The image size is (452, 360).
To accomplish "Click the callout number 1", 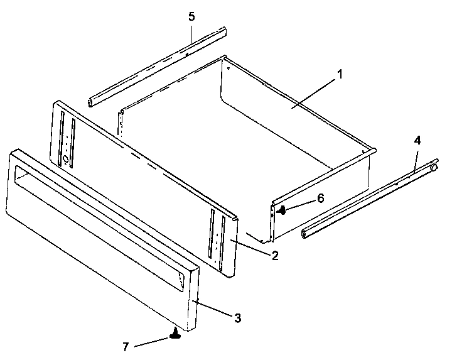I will [x=340, y=74].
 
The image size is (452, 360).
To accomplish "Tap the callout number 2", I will [x=275, y=256].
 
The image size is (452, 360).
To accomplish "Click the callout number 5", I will [x=191, y=16].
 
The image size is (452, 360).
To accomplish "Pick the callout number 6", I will [x=320, y=198].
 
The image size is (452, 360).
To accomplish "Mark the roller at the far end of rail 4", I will [x=433, y=166].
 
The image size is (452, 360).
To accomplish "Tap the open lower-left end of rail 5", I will [x=93, y=101].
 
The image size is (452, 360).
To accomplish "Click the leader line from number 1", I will [x=314, y=91].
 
